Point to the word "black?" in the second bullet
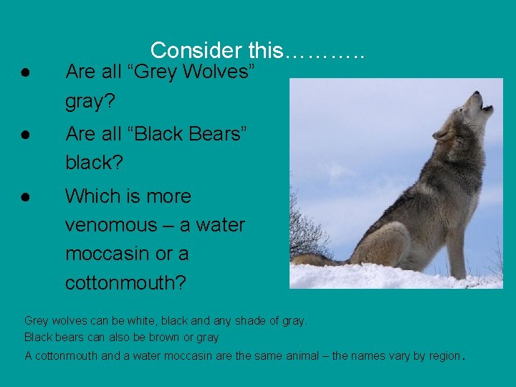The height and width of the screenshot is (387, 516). tap(94, 163)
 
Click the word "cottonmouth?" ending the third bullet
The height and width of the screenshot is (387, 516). tap(125, 283)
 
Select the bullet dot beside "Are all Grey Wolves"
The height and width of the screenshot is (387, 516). tap(24, 73)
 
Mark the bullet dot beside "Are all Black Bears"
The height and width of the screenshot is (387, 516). tap(24, 135)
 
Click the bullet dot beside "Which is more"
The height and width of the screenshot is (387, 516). tap(24, 196)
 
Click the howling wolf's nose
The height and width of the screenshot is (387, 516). tap(489, 107)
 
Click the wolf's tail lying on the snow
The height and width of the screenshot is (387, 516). tap(315, 259)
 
